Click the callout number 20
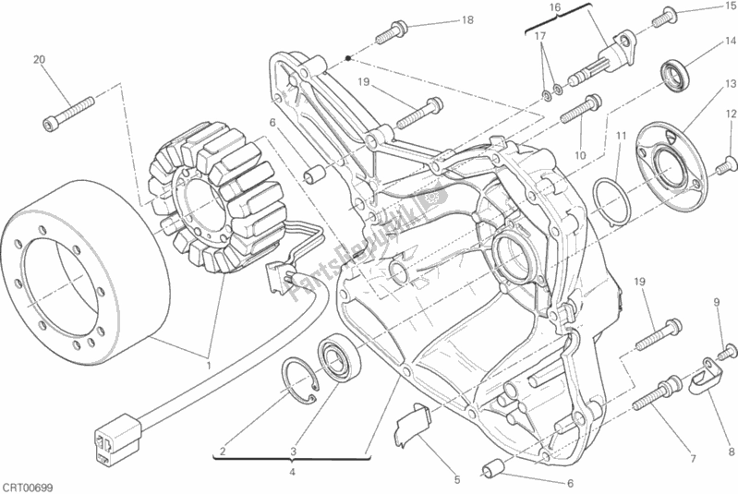click(39, 60)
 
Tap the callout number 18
click(467, 20)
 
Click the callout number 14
click(731, 41)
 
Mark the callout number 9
click(715, 302)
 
